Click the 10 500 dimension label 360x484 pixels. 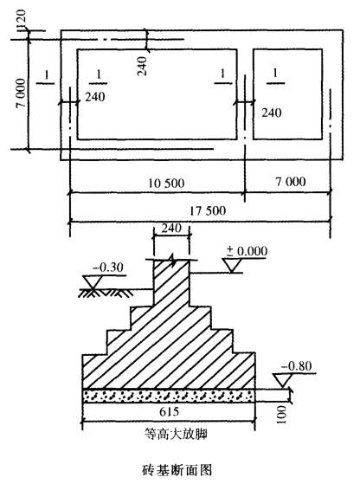pyautogui.click(x=166, y=184)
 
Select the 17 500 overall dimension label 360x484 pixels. pyautogui.click(x=208, y=211)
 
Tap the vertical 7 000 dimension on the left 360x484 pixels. pyautogui.click(x=21, y=93)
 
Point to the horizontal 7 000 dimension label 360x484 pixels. pyautogui.click(x=291, y=182)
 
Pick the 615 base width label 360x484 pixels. pyautogui.click(x=170, y=411)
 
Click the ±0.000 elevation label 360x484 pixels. pyautogui.click(x=247, y=251)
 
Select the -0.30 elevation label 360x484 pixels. pyautogui.click(x=108, y=268)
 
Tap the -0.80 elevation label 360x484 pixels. pyautogui.click(x=296, y=366)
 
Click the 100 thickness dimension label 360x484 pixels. pyautogui.click(x=282, y=415)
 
